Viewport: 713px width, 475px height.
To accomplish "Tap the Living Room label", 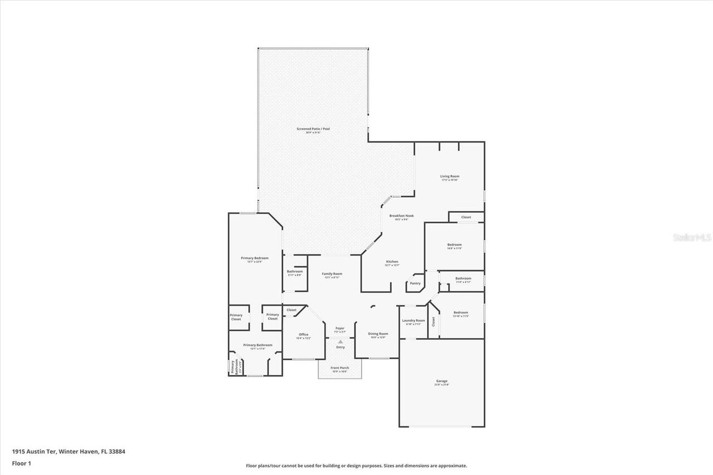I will coord(450,176).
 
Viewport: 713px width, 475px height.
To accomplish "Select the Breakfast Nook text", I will coord(401,216).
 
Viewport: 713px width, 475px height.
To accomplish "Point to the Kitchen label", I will coord(392,262).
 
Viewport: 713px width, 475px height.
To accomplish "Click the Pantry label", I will coord(415,283).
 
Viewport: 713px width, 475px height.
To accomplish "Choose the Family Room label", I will coord(332,274).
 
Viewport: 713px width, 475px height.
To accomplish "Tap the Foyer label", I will coord(340,328).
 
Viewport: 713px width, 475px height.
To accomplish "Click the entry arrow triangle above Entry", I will coord(340,341).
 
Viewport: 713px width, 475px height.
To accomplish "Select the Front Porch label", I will coord(340,368).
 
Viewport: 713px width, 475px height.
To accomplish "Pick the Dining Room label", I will coord(378,334).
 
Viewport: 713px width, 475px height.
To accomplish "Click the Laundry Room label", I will coord(413,320).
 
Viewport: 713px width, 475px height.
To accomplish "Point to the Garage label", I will coord(441,381).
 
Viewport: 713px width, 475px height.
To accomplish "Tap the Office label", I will coord(303,334).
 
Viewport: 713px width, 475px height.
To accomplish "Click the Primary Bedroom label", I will coord(255,258).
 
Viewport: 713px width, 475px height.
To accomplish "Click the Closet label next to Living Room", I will coord(466,217).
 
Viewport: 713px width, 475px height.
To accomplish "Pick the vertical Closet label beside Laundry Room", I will coord(433,321).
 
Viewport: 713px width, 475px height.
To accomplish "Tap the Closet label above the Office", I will coord(291,310).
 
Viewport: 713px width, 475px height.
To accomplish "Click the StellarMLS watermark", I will coord(692,237).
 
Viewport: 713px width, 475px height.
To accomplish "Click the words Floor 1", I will coord(21,463).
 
